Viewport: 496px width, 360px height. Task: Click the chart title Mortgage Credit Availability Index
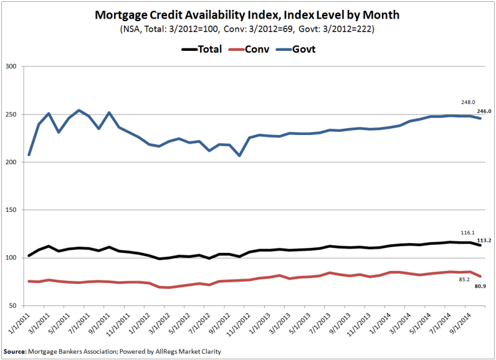(x=248, y=14)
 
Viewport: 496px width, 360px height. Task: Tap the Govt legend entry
(x=304, y=49)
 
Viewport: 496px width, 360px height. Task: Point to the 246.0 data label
(x=484, y=112)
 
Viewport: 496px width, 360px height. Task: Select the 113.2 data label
(x=484, y=241)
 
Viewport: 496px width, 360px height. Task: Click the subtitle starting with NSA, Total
(x=248, y=29)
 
